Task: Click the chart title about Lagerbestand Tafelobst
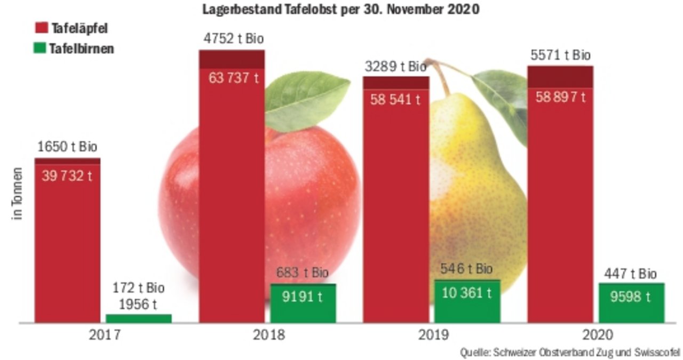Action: coord(341,10)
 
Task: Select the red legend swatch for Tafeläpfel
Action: coord(42,28)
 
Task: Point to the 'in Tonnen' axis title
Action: coord(18,195)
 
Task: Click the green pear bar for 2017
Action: coord(139,318)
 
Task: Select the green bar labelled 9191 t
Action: coord(303,303)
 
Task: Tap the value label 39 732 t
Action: coord(67,176)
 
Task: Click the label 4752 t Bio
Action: coord(234,39)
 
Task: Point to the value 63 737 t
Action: coord(233,78)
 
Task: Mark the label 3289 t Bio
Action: coord(396,67)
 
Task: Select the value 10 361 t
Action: coord(467,293)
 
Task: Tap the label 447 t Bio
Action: coord(630,274)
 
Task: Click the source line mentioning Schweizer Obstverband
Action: coord(570,351)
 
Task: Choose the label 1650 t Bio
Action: coord(67,147)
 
